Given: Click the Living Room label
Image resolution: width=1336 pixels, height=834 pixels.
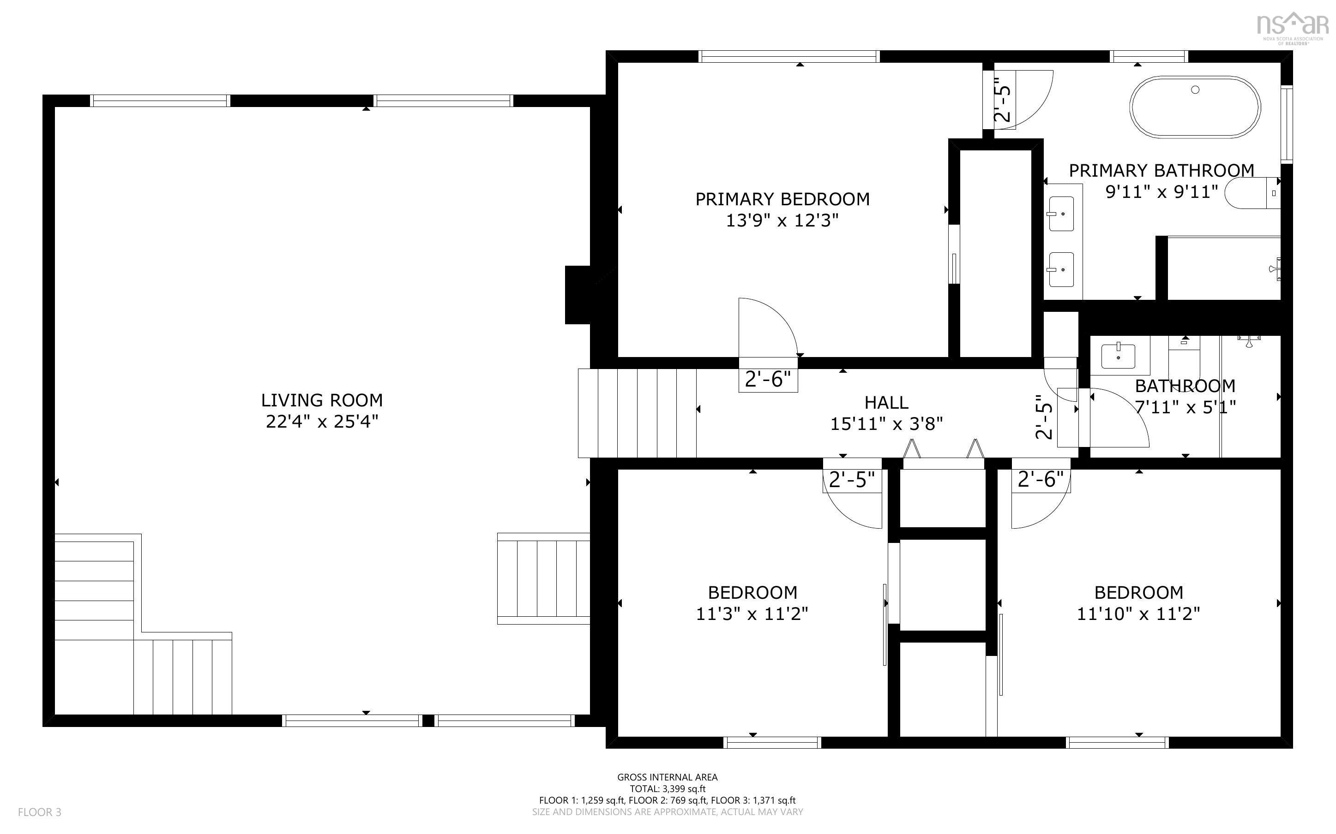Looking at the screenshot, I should point(322,400).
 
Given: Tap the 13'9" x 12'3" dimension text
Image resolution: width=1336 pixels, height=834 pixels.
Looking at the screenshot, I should point(782,220).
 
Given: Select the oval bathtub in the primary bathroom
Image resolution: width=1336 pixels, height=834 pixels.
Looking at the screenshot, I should point(1195,107).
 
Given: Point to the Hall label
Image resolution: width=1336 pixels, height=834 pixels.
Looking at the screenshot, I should point(886,403).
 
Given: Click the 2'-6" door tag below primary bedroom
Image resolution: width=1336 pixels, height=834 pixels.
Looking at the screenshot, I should point(768,380).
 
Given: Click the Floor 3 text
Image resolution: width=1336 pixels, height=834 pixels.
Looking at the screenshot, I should point(40,812).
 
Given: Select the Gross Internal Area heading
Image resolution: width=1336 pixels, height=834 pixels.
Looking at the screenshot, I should point(667,777).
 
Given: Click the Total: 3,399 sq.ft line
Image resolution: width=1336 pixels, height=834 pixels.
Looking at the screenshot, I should point(667,789).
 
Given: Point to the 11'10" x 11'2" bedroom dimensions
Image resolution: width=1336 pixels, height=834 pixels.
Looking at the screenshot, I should point(1138,614).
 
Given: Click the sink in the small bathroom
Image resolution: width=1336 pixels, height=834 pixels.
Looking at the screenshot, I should point(1118,356).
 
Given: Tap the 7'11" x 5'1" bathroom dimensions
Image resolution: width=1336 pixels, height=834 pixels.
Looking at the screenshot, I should point(1185,407).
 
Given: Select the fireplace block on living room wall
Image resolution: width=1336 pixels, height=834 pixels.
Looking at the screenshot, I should point(577,295).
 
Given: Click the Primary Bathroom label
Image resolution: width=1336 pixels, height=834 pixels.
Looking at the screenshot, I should point(1161,170).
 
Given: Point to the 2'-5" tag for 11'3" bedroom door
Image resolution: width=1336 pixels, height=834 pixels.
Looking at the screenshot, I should point(851,480).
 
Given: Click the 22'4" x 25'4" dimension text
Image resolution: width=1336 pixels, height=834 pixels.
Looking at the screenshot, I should point(322,422).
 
